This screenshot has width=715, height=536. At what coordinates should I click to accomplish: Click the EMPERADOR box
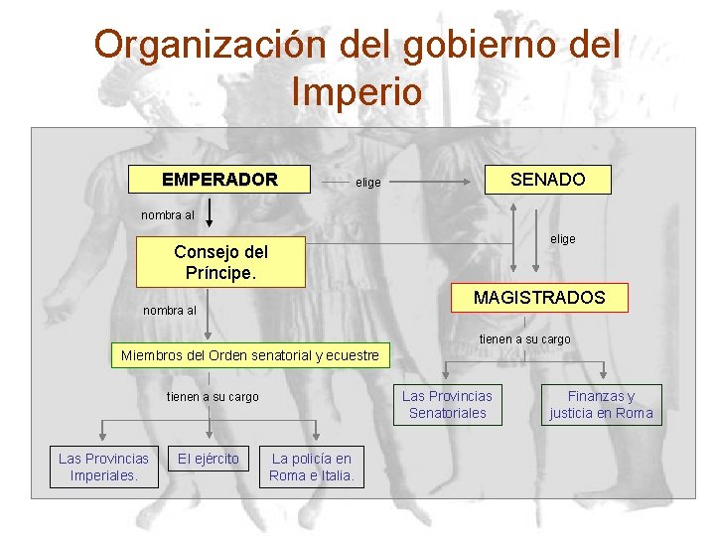tap(220, 180)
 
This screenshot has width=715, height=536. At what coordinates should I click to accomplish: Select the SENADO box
tap(547, 180)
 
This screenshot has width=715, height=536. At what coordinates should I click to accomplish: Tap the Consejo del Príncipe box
tap(220, 263)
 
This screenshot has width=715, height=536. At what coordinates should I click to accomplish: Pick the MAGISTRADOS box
tap(538, 298)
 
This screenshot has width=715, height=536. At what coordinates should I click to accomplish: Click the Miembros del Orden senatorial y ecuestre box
tap(250, 355)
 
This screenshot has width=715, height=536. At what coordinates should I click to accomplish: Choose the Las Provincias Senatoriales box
tap(447, 404)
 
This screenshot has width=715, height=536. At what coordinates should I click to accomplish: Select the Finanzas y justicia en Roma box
tap(601, 404)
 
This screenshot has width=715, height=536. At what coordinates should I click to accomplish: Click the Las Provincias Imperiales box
tap(103, 467)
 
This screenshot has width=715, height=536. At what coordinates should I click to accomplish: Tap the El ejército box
tap(208, 459)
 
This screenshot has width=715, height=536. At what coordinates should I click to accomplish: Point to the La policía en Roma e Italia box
tap(312, 467)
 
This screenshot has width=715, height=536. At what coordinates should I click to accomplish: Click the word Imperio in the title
tap(357, 92)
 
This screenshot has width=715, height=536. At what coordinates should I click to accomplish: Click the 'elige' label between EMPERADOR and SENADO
tap(368, 183)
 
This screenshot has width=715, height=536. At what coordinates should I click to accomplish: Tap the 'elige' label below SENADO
tap(563, 239)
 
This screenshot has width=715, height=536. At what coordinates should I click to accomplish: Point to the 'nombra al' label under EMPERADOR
tap(168, 214)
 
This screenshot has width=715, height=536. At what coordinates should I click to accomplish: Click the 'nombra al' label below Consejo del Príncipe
tap(169, 311)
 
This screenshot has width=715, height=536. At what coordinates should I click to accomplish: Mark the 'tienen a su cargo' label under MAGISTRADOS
tap(524, 339)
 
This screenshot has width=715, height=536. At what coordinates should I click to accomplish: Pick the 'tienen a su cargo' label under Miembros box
tap(213, 397)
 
